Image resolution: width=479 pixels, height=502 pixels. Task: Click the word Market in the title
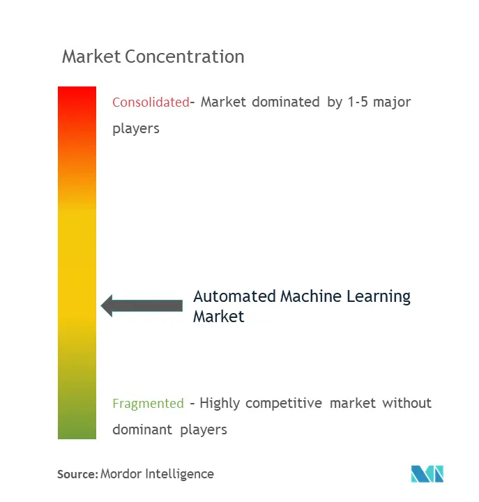point(91,56)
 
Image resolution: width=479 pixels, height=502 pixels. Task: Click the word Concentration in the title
point(185,56)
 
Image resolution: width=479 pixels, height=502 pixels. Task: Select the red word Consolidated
point(151,102)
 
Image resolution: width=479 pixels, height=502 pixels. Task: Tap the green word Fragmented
point(149,404)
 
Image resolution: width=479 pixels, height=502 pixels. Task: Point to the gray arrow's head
point(107,306)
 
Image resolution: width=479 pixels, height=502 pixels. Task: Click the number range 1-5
point(358,102)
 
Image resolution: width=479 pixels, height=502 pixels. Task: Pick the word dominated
point(286,102)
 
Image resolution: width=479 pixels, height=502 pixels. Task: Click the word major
point(392,103)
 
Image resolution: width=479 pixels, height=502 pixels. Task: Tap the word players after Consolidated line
point(136,129)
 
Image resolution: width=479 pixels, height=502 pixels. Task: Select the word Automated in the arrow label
point(234,296)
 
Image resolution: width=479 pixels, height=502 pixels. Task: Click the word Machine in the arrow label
point(311,296)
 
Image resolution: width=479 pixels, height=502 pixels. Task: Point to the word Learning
point(379,297)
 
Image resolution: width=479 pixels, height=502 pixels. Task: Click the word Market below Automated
point(219,317)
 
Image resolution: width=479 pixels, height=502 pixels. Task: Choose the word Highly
point(220,404)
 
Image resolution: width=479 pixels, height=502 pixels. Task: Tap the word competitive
point(284,404)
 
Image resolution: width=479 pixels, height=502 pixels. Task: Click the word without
point(406,403)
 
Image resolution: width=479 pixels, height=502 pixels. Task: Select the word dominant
point(142,429)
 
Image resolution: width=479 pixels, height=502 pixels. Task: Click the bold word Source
point(77,474)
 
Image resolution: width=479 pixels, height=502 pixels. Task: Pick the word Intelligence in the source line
point(179,475)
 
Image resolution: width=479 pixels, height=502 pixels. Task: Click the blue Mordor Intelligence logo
point(427,474)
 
